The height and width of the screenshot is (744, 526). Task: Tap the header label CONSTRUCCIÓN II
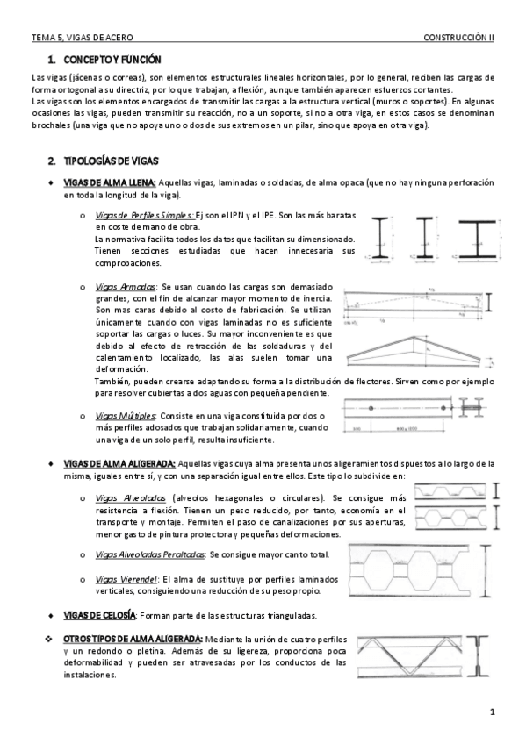(x=458, y=38)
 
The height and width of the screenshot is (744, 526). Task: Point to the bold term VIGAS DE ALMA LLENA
(x=109, y=182)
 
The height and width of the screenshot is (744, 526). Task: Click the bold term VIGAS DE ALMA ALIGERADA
(x=119, y=463)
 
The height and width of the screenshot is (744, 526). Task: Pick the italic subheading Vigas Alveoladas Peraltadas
(x=149, y=554)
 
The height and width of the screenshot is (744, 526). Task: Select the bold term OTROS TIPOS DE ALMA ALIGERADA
(x=133, y=638)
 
